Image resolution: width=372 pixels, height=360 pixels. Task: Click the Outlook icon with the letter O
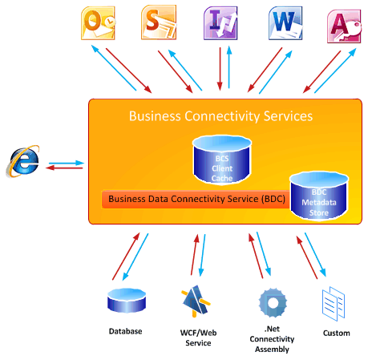[x=98, y=23]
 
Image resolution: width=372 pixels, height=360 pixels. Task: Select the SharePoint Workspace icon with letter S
[x=159, y=22]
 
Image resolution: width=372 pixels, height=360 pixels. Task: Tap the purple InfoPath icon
[x=220, y=23]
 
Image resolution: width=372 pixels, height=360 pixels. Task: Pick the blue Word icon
[x=285, y=23]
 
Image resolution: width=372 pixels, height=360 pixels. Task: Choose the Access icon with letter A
[x=344, y=26]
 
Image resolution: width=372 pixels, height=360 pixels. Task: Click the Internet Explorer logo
[x=22, y=161]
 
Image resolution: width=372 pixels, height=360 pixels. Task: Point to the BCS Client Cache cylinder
[x=222, y=160]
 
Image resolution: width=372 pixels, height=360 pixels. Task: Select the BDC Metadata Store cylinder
[x=319, y=196]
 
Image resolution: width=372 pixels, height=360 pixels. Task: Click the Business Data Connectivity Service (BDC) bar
[x=196, y=199]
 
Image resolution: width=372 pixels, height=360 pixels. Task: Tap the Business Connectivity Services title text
[x=220, y=116]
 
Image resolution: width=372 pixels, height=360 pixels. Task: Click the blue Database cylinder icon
[x=127, y=300]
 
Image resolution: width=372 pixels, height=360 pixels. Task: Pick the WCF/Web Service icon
[x=196, y=301]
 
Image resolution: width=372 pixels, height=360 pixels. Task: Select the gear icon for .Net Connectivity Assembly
[x=273, y=303]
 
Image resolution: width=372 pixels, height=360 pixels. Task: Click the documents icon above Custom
[x=334, y=304]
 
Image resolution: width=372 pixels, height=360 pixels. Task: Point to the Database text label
[x=125, y=331]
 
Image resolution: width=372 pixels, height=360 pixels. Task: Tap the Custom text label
[x=337, y=333]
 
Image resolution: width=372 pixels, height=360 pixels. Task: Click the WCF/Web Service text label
[x=198, y=338]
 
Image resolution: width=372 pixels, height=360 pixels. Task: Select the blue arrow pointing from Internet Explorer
[x=67, y=163]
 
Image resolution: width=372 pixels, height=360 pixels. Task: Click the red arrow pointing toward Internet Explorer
[x=64, y=168]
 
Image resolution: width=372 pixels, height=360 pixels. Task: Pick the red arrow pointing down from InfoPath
[x=220, y=69]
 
